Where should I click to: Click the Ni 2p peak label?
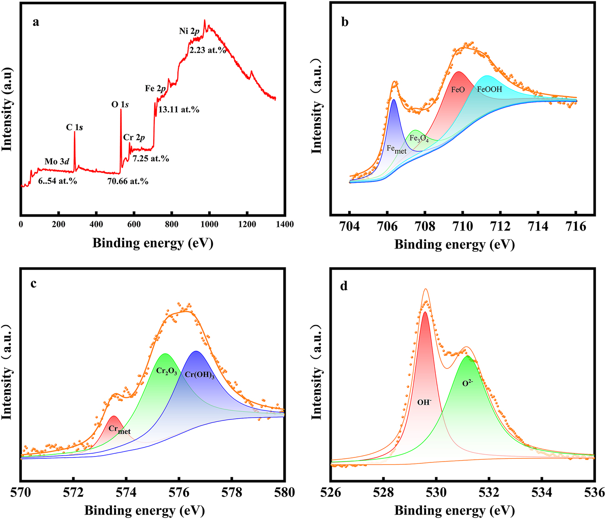click(x=189, y=31)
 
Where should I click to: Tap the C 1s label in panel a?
click(x=74, y=127)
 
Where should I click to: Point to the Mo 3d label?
click(x=57, y=161)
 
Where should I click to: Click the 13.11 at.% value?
click(x=179, y=109)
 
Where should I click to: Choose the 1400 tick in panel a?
click(x=285, y=224)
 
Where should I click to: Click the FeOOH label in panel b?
click(x=489, y=89)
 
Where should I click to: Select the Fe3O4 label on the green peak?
click(x=418, y=139)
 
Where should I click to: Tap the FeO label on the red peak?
click(x=458, y=89)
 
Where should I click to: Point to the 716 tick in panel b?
click(x=575, y=227)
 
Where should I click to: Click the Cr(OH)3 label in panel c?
click(x=199, y=374)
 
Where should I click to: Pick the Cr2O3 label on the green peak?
click(x=167, y=371)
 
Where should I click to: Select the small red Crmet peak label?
click(x=119, y=430)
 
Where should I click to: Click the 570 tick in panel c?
click(x=21, y=493)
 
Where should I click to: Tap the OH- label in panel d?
click(x=424, y=402)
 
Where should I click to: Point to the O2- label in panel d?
click(x=467, y=383)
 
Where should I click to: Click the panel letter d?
click(x=344, y=286)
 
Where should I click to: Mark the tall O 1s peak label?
click(x=120, y=104)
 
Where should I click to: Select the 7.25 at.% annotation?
click(x=151, y=159)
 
